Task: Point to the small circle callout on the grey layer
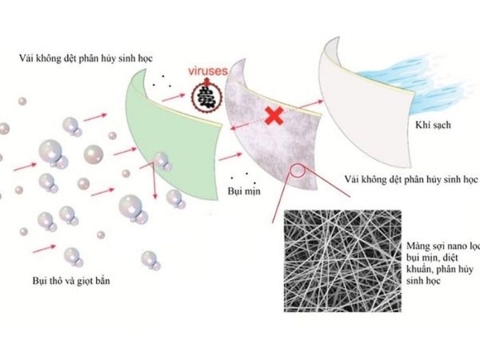point(297,169)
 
